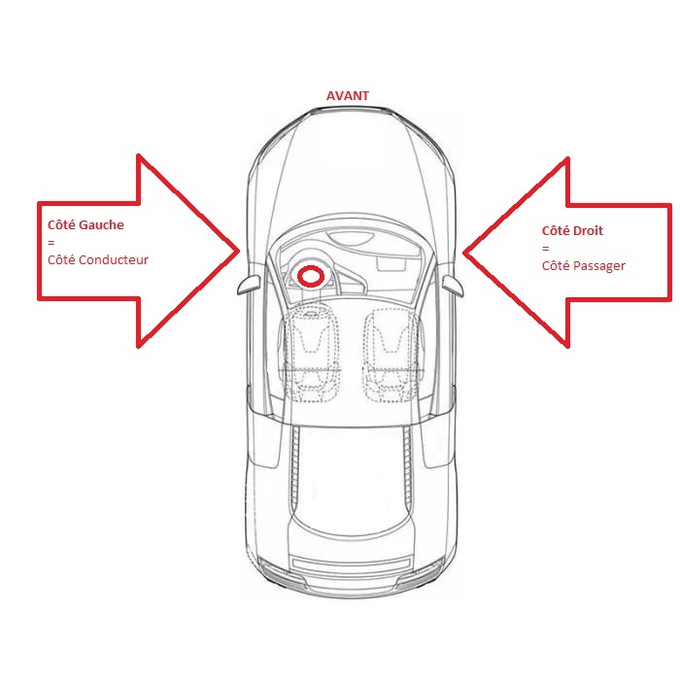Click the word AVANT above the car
click(x=348, y=96)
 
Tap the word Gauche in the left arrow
click(x=101, y=224)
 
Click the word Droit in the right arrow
click(x=588, y=231)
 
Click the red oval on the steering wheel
click(x=311, y=276)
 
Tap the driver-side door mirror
click(x=249, y=284)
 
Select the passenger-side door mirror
click(x=453, y=286)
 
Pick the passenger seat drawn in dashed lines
click(x=392, y=355)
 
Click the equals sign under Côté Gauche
click(x=51, y=243)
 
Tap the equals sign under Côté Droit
click(x=546, y=249)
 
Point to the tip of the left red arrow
click(x=239, y=251)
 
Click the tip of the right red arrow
click(x=464, y=252)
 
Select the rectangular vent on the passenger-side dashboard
click(x=391, y=264)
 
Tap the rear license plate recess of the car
click(x=352, y=563)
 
